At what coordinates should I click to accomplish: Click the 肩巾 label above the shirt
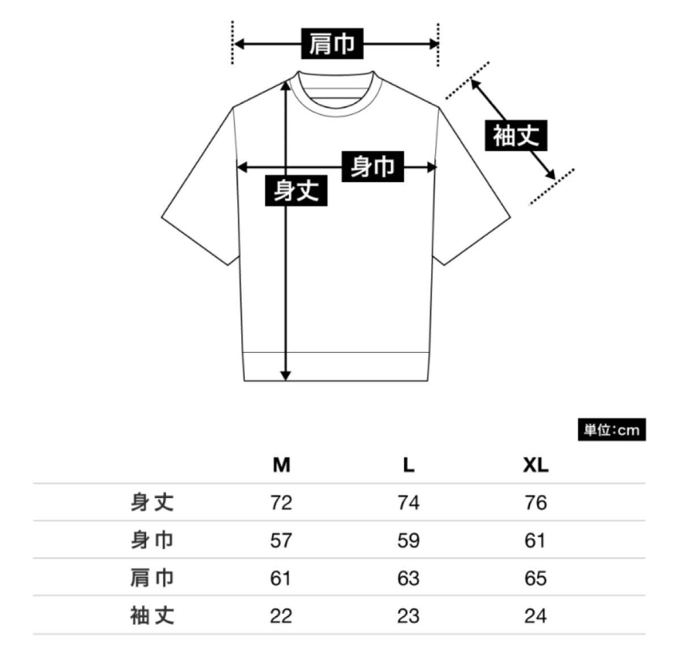332,44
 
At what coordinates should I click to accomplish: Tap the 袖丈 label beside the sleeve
516,136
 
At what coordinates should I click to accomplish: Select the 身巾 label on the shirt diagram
372,167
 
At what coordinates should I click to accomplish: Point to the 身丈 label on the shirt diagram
296,190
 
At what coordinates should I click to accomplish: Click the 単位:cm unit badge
611,430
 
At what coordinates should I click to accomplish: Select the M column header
281,465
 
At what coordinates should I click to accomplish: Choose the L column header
409,465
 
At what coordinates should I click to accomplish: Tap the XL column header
535,465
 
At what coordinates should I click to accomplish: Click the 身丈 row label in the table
152,503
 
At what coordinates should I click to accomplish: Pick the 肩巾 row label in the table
152,578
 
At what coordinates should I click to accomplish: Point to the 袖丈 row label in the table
152,615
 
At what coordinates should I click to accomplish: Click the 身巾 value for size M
281,541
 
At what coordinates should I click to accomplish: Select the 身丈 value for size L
409,503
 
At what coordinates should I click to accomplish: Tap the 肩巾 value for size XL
535,578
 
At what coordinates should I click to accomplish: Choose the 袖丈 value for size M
281,615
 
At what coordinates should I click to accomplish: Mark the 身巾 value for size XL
535,541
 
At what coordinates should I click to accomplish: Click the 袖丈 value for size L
409,615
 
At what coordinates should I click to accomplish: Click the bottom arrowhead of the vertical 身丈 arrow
286,375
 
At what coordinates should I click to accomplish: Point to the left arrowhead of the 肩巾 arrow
239,44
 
